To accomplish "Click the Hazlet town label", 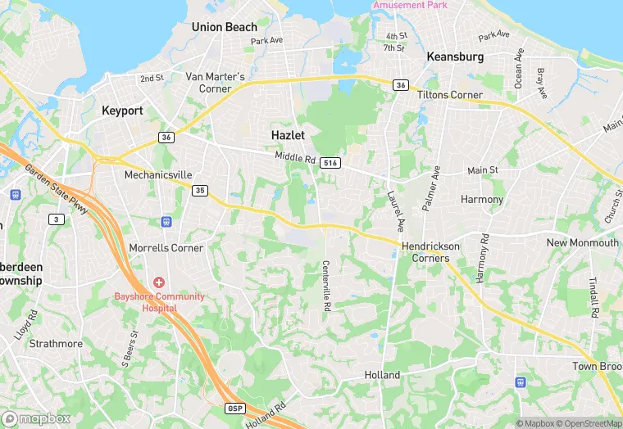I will click(289, 134).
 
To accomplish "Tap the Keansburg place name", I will click(455, 57).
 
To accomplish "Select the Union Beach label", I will click(225, 27).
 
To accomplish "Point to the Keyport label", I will click(122, 110).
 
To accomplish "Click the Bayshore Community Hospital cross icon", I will click(158, 282).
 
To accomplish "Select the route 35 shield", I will click(199, 190).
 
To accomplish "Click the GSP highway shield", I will click(234, 408).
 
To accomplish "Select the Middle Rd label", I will click(295, 156).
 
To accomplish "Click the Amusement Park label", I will click(410, 5).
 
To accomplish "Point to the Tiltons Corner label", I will click(450, 95).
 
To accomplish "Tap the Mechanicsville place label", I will click(157, 175).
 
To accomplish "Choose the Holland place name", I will click(382, 375).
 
